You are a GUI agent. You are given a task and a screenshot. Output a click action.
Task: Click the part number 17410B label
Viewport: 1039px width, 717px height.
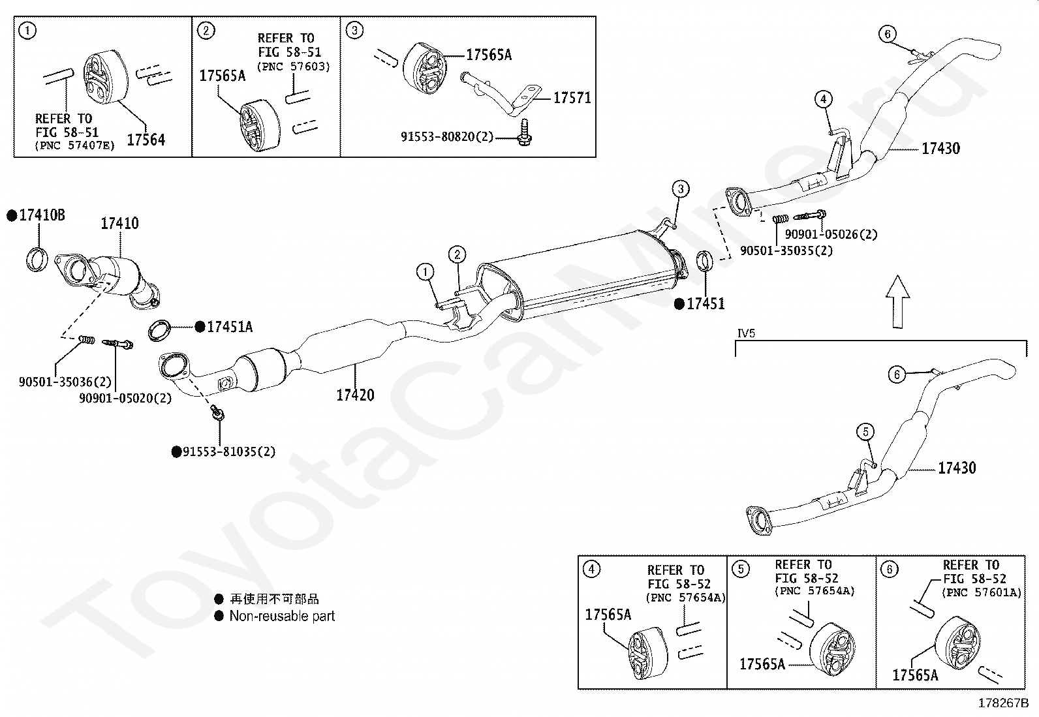(42, 215)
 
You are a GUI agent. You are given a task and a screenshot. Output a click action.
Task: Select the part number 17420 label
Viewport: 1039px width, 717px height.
(355, 395)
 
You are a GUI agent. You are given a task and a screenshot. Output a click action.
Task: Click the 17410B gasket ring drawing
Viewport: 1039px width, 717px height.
(37, 259)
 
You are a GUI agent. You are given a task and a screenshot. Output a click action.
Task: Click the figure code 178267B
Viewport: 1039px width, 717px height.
(1002, 703)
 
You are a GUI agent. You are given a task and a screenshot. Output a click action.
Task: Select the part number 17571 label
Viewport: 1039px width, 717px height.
(572, 98)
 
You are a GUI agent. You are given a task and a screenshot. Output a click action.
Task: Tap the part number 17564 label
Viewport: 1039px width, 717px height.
(146, 139)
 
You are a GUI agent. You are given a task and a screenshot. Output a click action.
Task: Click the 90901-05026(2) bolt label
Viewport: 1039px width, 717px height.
(831, 234)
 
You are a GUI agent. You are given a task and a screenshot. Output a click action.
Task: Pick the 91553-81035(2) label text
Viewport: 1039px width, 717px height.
(228, 451)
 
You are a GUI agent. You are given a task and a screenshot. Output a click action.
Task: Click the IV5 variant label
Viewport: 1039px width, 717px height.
(746, 333)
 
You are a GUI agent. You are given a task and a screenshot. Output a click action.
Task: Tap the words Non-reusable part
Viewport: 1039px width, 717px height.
(282, 616)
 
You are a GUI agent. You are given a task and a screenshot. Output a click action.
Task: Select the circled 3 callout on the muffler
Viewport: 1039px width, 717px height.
(680, 190)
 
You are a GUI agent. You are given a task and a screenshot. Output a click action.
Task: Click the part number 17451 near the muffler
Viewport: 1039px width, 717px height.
(706, 303)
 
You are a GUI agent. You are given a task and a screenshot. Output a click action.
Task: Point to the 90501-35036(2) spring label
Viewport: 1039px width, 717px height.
(65, 382)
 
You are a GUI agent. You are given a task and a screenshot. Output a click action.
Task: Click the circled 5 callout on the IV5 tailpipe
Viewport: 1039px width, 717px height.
(865, 431)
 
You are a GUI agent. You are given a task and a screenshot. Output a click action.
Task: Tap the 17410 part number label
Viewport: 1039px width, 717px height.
(119, 224)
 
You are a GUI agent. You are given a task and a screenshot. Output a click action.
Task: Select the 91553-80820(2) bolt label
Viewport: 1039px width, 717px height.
(447, 137)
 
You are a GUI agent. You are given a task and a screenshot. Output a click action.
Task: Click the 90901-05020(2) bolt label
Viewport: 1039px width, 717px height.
(125, 397)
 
